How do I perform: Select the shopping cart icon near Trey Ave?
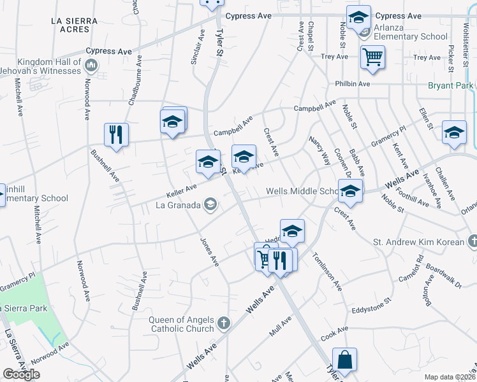pos(372,57)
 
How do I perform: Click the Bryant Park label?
pos(451,85)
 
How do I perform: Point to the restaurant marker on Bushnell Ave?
pos(116,135)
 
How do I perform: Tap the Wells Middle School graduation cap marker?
pos(350,190)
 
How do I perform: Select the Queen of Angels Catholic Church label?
pos(182,324)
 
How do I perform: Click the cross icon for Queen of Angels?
pos(223,323)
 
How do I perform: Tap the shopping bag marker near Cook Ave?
pos(344,360)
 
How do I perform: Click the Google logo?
pos(21,374)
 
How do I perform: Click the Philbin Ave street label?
pos(353,83)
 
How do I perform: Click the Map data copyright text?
pos(450,377)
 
